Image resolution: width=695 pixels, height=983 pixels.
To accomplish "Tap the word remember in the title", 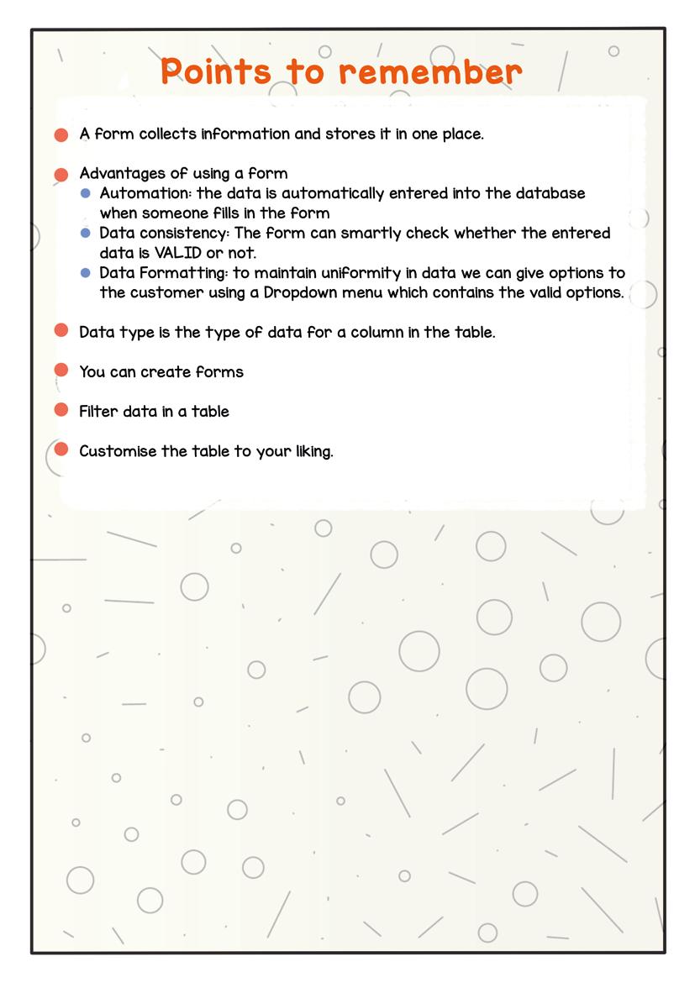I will click(x=430, y=72).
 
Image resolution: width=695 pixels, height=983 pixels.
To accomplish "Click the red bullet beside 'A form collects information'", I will click(x=61, y=134).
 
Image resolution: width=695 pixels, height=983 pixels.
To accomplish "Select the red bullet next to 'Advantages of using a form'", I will click(x=61, y=174).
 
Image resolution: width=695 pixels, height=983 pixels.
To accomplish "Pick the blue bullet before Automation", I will click(x=86, y=193).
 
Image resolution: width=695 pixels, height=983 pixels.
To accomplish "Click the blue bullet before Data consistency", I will click(x=86, y=233).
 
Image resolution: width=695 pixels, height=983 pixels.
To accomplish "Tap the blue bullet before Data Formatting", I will click(x=86, y=273).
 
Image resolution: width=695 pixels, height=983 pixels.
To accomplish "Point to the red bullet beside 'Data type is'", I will click(x=61, y=331).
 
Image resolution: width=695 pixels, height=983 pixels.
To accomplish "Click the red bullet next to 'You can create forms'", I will click(x=61, y=371).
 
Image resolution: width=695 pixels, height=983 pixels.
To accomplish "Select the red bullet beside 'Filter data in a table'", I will click(x=61, y=410).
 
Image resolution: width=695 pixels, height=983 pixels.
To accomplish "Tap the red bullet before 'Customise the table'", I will click(x=61, y=449).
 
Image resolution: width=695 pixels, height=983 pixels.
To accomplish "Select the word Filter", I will click(x=99, y=412).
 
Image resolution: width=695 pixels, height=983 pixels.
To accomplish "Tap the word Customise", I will click(x=118, y=451).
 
